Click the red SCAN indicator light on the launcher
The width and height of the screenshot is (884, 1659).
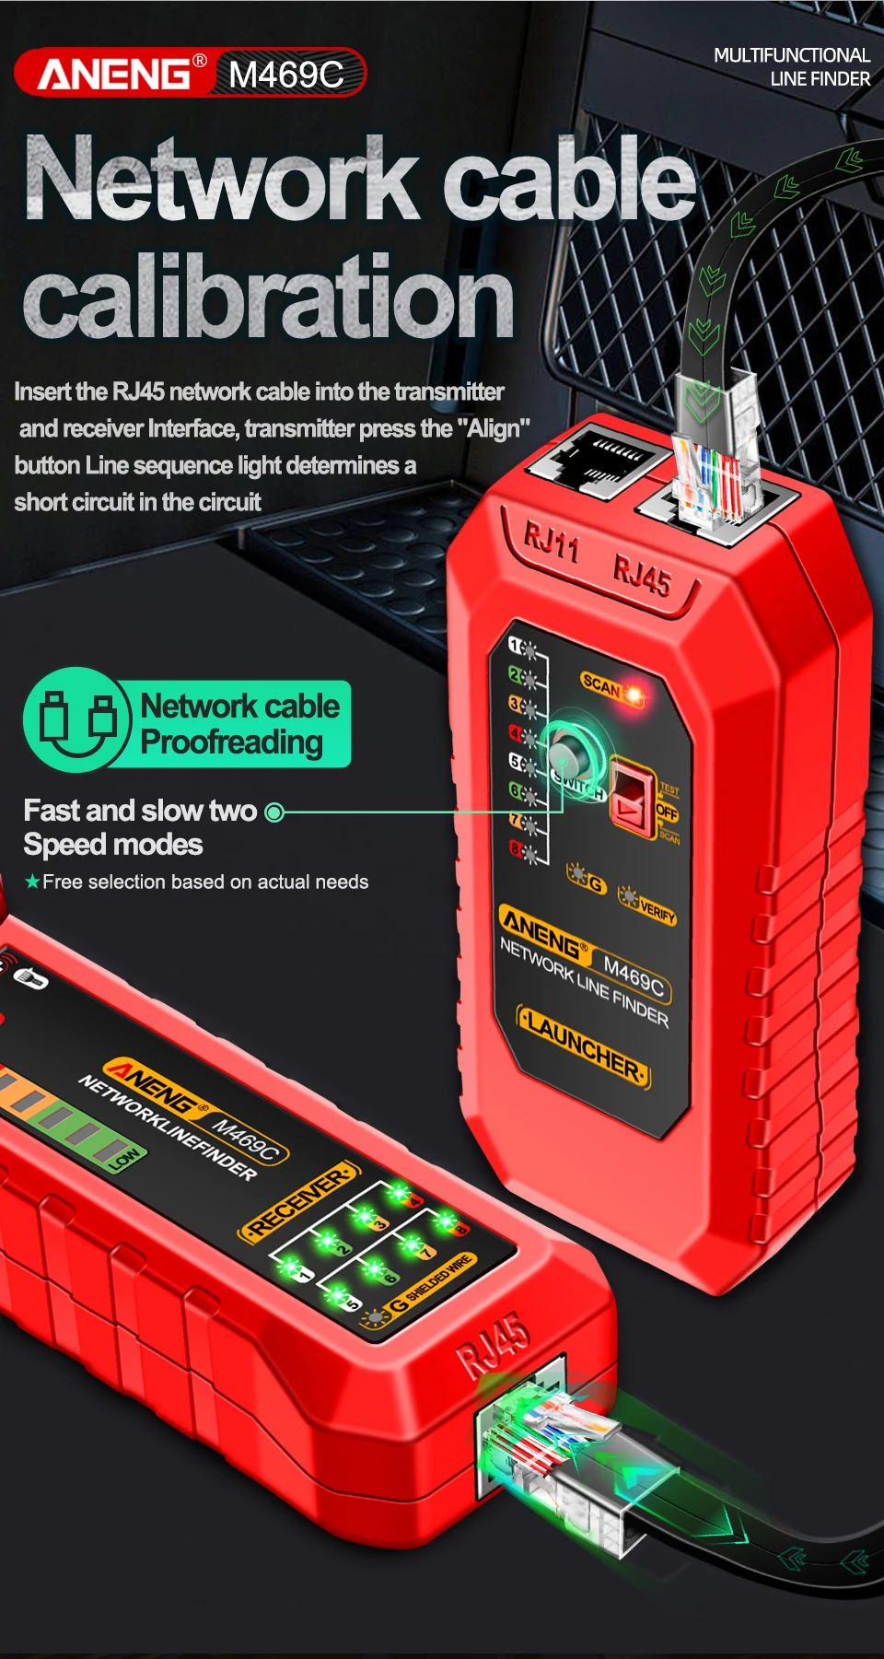tap(634, 692)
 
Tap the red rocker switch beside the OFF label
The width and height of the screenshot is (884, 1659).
tap(632, 797)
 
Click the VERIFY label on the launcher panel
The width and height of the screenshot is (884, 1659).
tap(657, 911)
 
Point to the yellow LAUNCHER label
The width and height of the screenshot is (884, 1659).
tap(584, 1047)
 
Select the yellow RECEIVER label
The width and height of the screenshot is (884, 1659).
tap(299, 1199)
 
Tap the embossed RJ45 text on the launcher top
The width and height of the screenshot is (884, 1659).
tap(642, 578)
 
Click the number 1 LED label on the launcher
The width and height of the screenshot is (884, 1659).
tap(516, 647)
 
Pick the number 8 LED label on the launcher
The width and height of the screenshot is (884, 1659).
tap(517, 848)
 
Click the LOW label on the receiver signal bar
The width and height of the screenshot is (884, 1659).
tap(124, 1158)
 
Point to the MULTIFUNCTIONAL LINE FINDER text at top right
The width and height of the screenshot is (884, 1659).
tap(791, 67)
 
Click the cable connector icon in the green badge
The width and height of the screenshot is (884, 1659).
tap(78, 719)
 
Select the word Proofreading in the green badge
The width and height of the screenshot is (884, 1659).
tap(232, 742)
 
